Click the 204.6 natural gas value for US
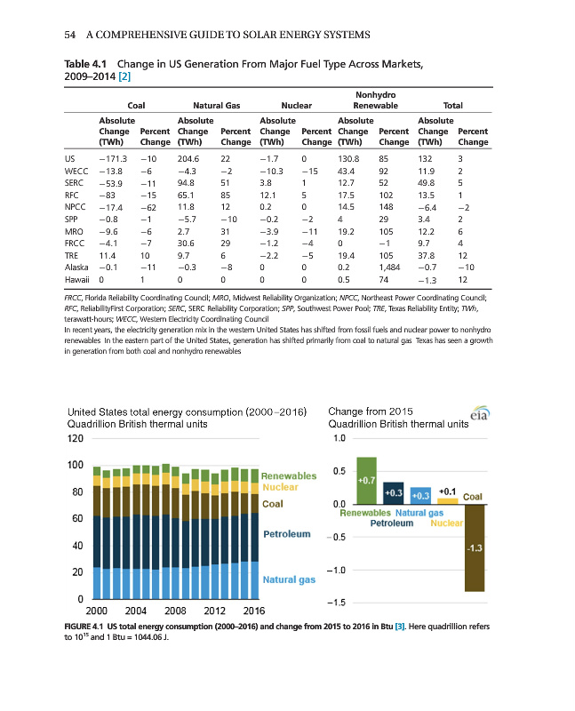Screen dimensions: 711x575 click(191, 157)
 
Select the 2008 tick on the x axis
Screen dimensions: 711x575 click(174, 610)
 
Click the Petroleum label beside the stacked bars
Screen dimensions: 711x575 click(286, 535)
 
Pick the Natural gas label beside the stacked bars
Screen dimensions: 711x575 click(290, 580)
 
